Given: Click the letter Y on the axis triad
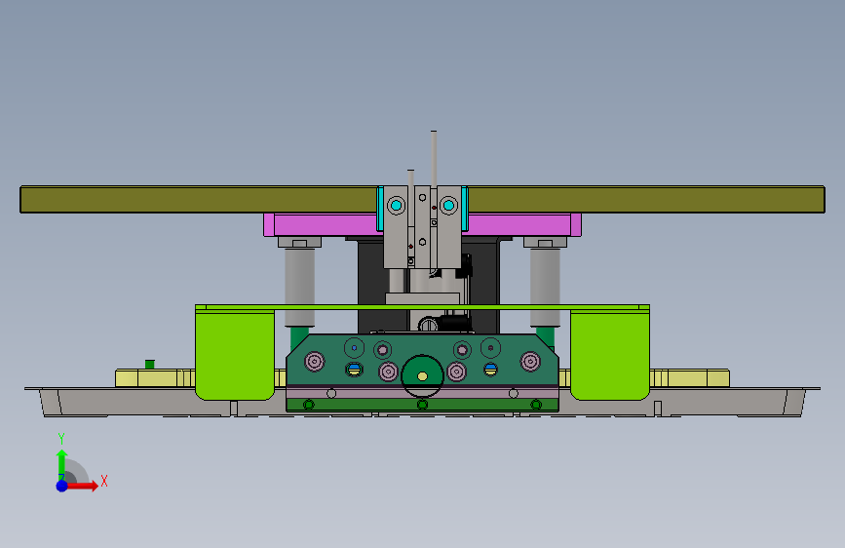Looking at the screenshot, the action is click(61, 438).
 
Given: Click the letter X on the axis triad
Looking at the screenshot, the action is click(104, 481).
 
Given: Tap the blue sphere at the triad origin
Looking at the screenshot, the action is click(62, 486).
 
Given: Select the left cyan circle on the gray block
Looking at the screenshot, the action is click(397, 205).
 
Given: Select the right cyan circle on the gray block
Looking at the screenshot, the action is click(448, 205).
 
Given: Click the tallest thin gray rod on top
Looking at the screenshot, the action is click(434, 159).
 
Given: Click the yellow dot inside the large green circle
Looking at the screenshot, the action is click(423, 376).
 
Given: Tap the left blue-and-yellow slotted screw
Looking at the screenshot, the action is click(354, 369).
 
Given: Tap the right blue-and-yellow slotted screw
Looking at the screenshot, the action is click(490, 369).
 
